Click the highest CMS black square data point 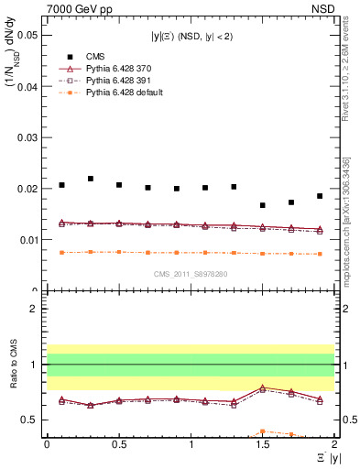click(x=91, y=179)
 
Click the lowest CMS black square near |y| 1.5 click(x=263, y=205)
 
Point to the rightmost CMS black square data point click(x=320, y=196)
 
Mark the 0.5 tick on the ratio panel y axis click(x=31, y=420)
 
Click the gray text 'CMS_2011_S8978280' click(x=191, y=273)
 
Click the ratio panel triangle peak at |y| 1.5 click(x=263, y=387)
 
